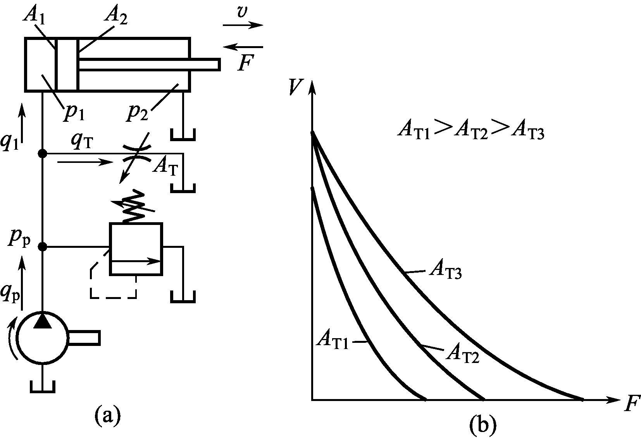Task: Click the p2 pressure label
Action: click(x=139, y=112)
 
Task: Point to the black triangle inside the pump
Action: click(x=43, y=321)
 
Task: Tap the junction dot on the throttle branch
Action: click(x=43, y=154)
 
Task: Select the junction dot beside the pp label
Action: click(x=43, y=246)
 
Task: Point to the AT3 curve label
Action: click(x=445, y=271)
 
